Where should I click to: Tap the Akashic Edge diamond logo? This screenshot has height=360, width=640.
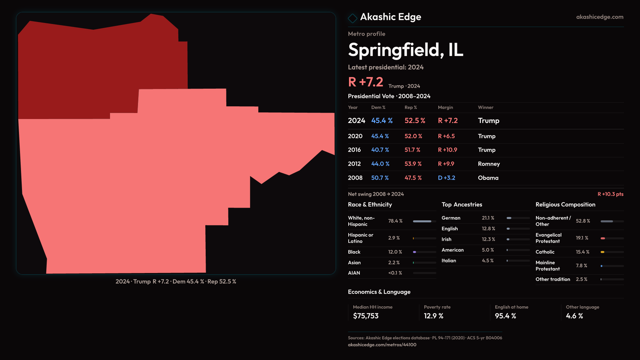click(x=352, y=18)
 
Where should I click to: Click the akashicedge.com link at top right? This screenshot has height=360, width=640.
click(x=599, y=17)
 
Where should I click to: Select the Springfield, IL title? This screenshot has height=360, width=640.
click(x=405, y=50)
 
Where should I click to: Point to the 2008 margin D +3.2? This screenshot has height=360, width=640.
click(x=446, y=178)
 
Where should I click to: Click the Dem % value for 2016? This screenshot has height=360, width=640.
click(x=380, y=150)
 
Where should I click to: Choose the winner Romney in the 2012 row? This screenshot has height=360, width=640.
click(x=489, y=164)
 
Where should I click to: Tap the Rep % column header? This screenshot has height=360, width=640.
click(x=411, y=107)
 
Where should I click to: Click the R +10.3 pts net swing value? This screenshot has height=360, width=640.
click(x=610, y=194)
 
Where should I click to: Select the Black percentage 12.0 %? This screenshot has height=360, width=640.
click(x=395, y=252)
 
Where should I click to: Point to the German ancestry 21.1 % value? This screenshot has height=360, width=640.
click(x=488, y=218)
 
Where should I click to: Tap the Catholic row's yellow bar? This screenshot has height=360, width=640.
click(x=603, y=252)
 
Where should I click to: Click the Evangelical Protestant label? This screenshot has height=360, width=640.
click(x=548, y=238)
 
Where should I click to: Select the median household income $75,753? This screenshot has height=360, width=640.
click(x=366, y=316)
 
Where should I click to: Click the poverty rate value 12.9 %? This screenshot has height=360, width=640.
click(x=433, y=316)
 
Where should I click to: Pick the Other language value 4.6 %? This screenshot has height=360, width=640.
click(x=574, y=316)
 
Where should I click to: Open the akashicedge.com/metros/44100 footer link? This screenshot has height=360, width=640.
click(x=382, y=345)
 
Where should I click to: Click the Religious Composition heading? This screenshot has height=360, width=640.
click(x=565, y=205)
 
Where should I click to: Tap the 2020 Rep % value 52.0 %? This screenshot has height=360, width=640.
click(x=413, y=136)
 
